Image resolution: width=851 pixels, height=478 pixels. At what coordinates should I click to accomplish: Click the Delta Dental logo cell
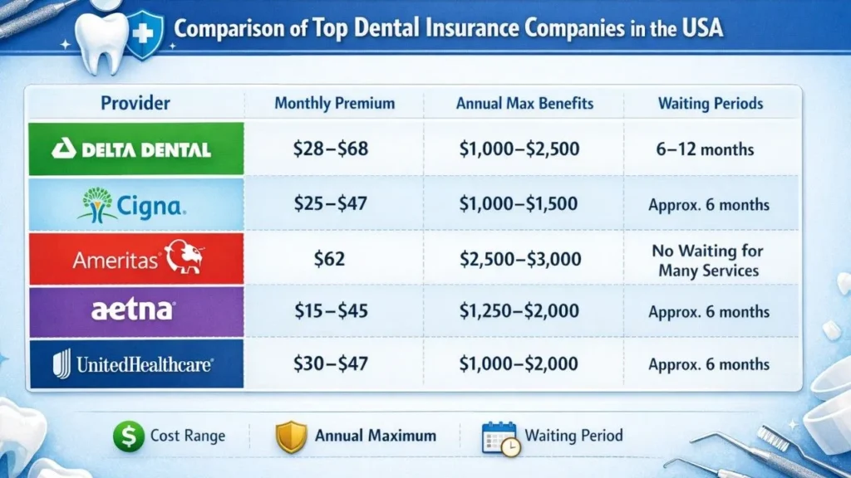point(135,149)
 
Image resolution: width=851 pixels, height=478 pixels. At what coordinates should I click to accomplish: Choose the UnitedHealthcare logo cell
point(135,363)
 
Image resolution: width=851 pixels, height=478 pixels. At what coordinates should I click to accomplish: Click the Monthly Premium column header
point(334,104)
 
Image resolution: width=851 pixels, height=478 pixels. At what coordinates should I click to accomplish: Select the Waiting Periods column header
point(710,104)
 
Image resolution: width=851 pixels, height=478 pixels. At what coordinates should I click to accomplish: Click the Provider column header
point(135,104)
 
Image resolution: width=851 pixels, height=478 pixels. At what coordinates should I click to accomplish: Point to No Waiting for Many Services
point(710,260)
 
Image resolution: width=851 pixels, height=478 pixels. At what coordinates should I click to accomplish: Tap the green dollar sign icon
point(128,436)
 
